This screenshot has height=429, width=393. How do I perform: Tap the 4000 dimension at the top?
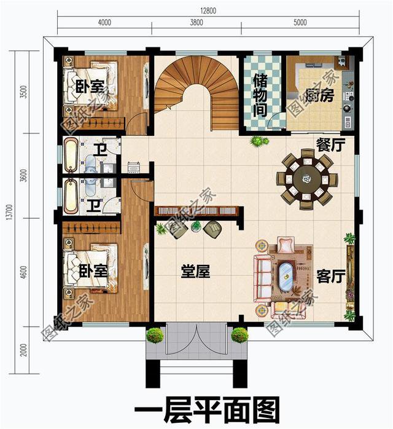tap(104, 22)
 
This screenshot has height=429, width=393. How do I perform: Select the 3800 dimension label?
tap(196, 22)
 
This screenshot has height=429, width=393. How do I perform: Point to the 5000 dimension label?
tap(300, 22)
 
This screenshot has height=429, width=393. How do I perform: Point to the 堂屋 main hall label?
tap(195, 271)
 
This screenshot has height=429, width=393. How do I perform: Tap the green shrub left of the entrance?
tap(155, 336)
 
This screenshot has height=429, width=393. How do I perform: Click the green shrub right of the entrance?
tap(239, 335)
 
